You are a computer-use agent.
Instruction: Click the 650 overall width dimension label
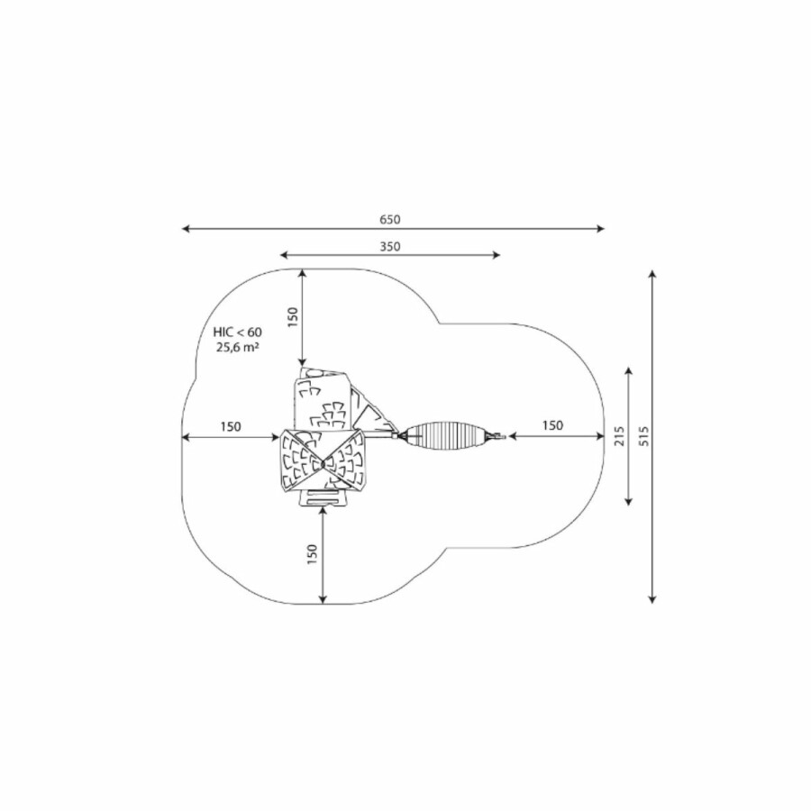click(x=390, y=220)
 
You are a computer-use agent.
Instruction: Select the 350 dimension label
click(x=390, y=247)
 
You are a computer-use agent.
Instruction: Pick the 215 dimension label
click(x=619, y=436)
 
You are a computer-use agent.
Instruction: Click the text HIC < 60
click(x=237, y=332)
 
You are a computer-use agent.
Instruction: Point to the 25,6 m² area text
click(x=237, y=347)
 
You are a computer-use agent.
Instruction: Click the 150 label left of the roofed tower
click(x=231, y=427)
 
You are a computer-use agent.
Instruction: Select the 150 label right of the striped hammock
click(x=552, y=425)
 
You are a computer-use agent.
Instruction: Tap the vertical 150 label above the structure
click(x=293, y=317)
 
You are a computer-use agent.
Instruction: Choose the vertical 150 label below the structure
click(x=312, y=554)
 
